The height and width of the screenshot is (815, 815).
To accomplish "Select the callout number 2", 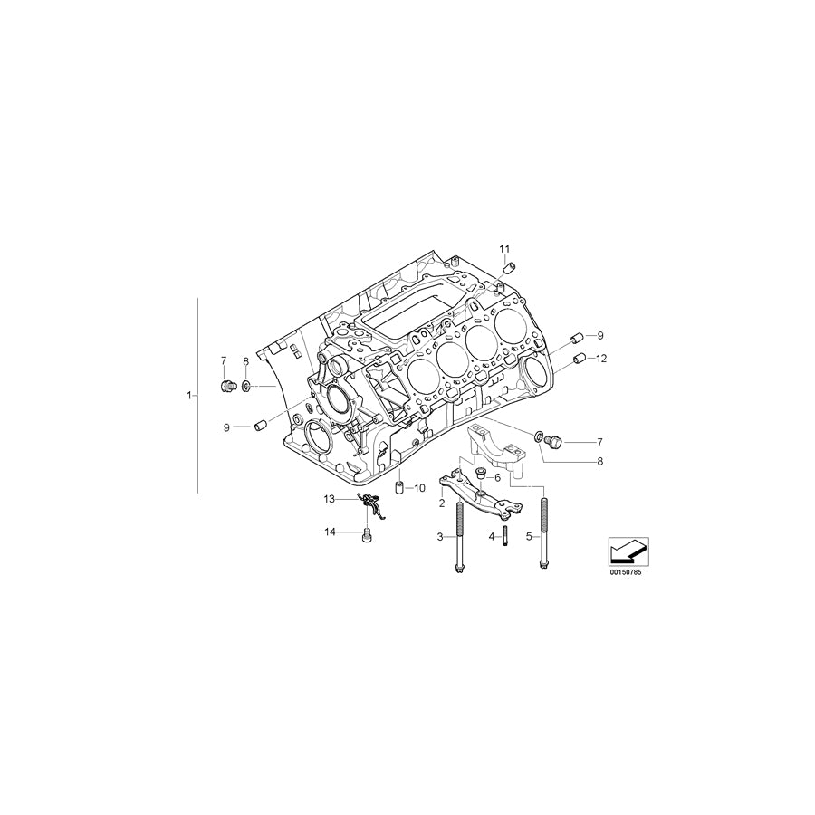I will click(x=441, y=503).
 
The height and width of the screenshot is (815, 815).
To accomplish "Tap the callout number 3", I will click(x=440, y=537).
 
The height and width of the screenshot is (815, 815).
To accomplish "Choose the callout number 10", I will click(x=419, y=488).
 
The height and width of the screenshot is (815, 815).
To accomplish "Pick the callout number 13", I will click(x=330, y=499).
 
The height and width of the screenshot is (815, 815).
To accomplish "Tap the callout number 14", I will click(x=330, y=532).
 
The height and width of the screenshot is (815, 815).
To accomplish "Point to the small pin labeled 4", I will click(x=504, y=537).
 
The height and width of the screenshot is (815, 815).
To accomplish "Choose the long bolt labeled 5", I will click(x=542, y=534).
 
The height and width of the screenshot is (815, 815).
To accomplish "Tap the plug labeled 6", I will click(x=481, y=472).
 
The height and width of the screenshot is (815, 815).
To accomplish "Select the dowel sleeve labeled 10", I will click(x=397, y=489).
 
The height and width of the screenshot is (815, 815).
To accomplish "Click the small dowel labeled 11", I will click(x=509, y=266).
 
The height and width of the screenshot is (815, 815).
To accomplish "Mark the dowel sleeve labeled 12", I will click(x=578, y=359).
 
